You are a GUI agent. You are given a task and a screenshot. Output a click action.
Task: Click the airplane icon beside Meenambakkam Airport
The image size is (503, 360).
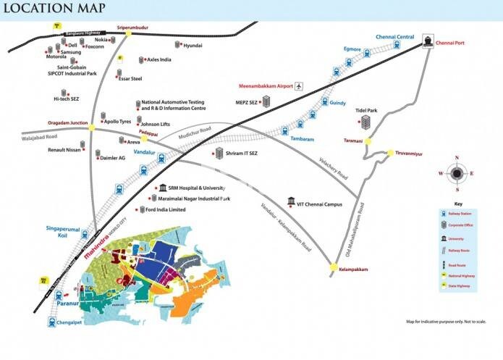point(300,86)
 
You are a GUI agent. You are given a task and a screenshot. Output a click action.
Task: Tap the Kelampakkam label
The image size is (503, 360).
point(353,269)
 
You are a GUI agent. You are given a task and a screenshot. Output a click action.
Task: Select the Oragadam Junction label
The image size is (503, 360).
point(68,123)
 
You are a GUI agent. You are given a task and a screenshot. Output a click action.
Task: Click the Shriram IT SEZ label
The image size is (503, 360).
point(242,154)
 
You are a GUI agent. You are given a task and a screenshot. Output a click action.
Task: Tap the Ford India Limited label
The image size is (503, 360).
point(166,210)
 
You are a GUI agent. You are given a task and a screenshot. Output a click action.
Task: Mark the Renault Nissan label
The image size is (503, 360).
point(64,152)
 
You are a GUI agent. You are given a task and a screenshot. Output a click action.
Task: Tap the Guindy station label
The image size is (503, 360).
point(338,104)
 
